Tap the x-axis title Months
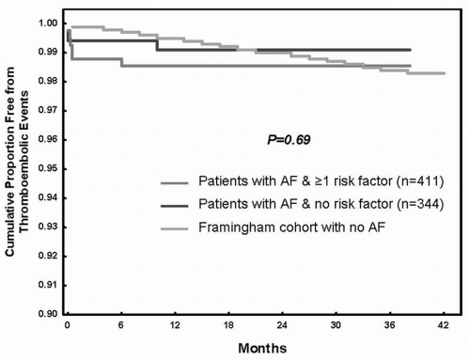coord(256,347)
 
